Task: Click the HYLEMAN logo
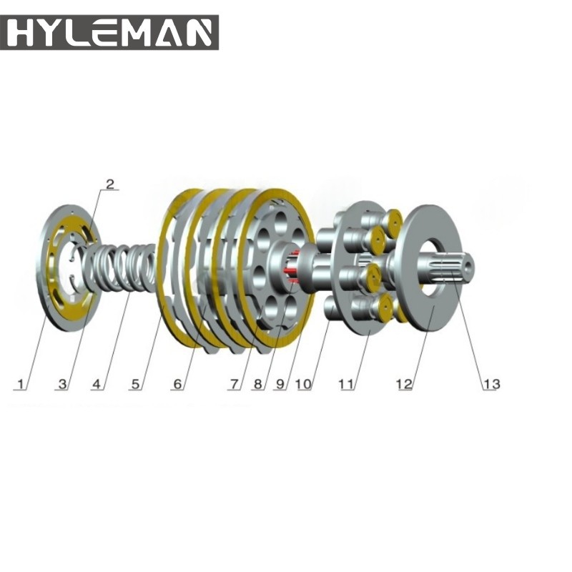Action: (x=109, y=32)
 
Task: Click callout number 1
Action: (x=21, y=384)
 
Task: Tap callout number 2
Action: (x=110, y=184)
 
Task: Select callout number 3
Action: (x=63, y=384)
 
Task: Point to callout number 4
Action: (x=97, y=384)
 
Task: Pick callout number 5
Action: (x=135, y=384)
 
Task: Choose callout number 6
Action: (x=177, y=384)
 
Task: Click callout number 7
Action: (x=235, y=384)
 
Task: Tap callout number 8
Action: (x=257, y=384)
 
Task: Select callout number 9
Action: (x=280, y=384)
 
